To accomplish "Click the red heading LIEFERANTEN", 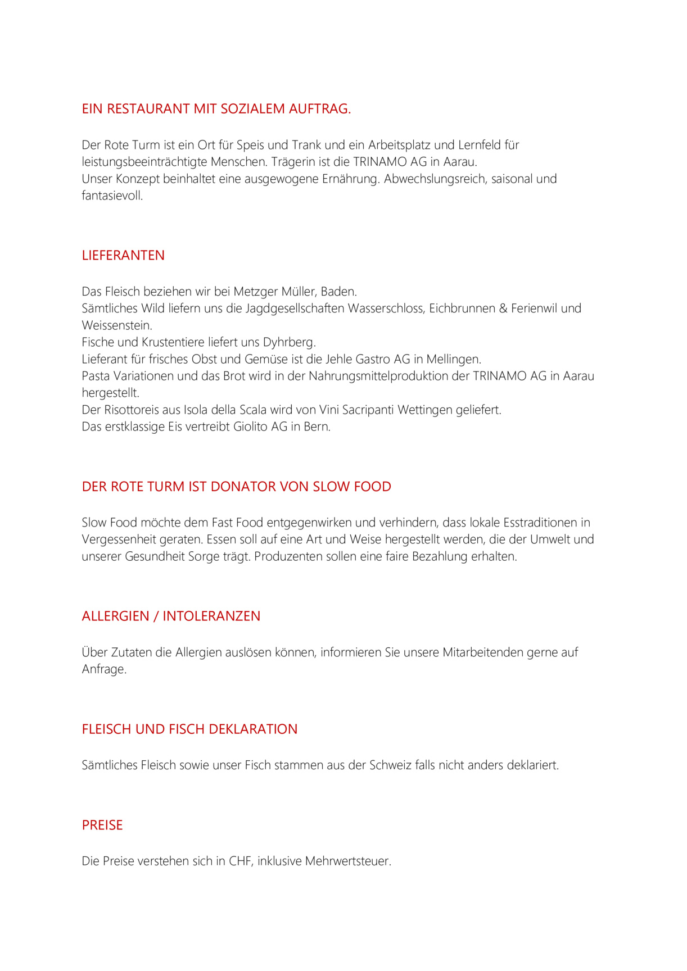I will pyautogui.click(x=123, y=256).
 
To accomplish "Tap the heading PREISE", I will pyautogui.click(x=102, y=825).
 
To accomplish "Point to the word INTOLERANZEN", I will pyautogui.click(x=211, y=616).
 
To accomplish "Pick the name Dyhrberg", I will pyautogui.click(x=289, y=342).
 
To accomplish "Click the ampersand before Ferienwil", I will pyautogui.click(x=503, y=308).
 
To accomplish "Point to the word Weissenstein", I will pyautogui.click(x=116, y=325).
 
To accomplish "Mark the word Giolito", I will pyautogui.click(x=251, y=427).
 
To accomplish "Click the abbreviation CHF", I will pyautogui.click(x=240, y=861).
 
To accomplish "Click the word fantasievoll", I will pyautogui.click(x=112, y=196).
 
